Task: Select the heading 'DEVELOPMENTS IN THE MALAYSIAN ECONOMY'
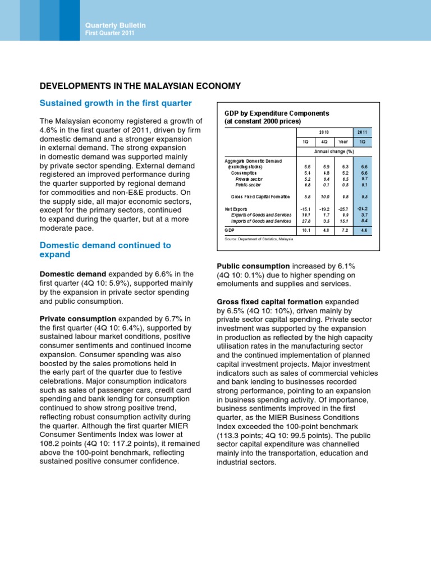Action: (140, 86)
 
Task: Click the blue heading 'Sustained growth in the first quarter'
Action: (115, 103)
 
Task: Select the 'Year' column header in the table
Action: (343, 142)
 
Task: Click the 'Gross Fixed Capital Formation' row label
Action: (260, 197)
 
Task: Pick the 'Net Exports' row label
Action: (236, 209)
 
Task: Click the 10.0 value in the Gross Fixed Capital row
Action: (325, 197)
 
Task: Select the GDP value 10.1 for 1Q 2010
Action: (306, 230)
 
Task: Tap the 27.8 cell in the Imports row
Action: (306, 221)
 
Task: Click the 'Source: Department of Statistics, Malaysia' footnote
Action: (259, 239)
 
